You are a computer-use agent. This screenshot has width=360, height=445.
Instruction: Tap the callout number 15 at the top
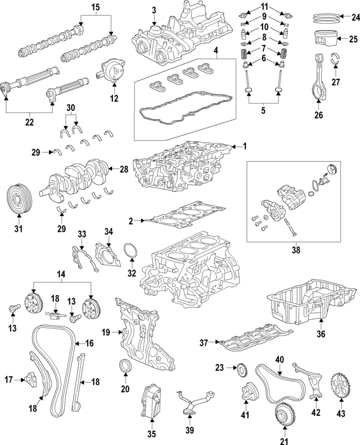point(95,7)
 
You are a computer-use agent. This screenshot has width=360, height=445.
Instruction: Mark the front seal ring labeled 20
point(125,366)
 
